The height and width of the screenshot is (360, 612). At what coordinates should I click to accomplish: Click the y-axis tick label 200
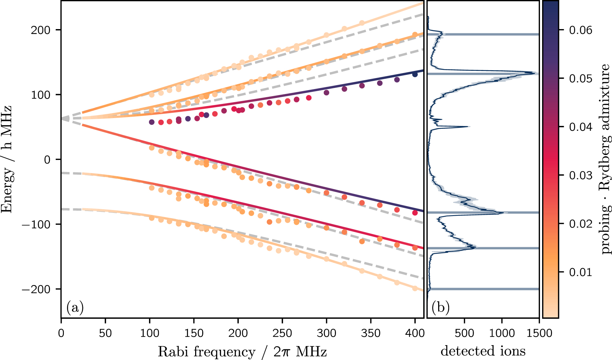click(x=40, y=30)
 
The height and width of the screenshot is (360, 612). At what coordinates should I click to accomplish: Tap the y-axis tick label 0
click(x=47, y=160)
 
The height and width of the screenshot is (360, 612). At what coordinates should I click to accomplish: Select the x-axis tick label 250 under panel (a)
click(x=282, y=333)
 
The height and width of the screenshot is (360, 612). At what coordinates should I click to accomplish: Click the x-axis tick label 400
click(x=415, y=333)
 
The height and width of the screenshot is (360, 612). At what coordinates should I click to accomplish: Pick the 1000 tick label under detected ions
click(x=502, y=333)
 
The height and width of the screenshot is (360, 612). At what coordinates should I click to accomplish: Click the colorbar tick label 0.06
click(x=581, y=30)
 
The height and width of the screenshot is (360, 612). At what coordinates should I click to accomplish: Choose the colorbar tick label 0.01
click(x=581, y=272)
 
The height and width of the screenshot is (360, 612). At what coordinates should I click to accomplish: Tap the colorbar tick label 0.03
click(x=581, y=176)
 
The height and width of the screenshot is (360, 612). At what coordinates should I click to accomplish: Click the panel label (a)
click(x=75, y=308)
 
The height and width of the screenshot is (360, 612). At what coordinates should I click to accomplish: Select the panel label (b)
click(x=441, y=308)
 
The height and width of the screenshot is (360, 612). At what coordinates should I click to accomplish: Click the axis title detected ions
click(x=483, y=351)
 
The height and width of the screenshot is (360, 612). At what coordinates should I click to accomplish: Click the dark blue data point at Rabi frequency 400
click(x=415, y=74)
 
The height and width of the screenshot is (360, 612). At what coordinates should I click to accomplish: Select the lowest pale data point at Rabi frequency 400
click(x=415, y=288)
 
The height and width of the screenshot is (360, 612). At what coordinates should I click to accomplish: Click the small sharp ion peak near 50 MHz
click(x=468, y=127)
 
